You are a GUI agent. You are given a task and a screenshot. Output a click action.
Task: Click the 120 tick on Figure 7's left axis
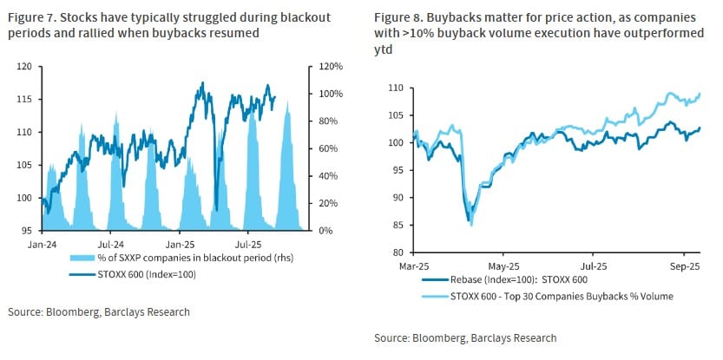pos(25,66)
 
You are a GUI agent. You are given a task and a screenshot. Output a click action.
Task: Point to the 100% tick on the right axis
pos(326,94)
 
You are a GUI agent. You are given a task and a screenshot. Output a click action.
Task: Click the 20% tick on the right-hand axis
pos(324,203)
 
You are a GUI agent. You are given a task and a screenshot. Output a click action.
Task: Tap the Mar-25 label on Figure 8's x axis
pos(411,265)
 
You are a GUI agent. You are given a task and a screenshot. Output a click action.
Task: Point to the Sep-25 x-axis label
pos(684,265)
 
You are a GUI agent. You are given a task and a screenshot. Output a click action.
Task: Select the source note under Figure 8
pos(465,337)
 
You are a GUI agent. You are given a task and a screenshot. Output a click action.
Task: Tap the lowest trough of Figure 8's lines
pos(470,225)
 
